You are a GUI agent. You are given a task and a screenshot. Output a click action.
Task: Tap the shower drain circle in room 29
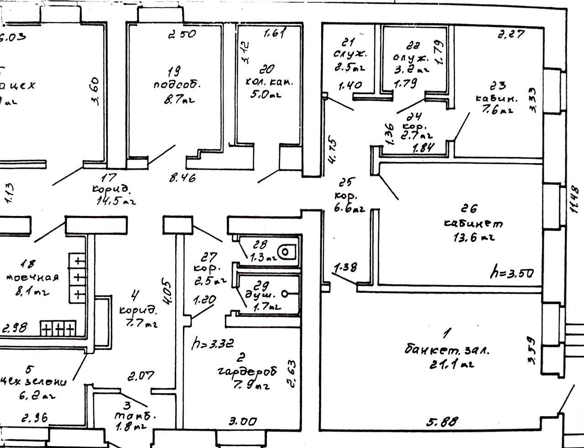285,294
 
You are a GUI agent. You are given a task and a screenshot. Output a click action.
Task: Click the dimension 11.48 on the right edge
574,199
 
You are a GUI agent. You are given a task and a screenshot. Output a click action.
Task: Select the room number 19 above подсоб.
173,71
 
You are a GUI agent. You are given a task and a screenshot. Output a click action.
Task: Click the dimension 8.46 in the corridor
182,178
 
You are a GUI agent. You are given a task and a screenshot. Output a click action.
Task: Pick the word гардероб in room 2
247,371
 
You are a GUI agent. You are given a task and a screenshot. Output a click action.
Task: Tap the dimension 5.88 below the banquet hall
442,422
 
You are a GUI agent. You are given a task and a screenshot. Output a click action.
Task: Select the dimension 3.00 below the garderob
242,422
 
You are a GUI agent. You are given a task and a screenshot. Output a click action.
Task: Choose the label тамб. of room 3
135,416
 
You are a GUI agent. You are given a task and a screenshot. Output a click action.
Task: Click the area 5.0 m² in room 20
266,95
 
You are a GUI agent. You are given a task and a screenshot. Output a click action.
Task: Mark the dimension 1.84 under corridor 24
423,148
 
